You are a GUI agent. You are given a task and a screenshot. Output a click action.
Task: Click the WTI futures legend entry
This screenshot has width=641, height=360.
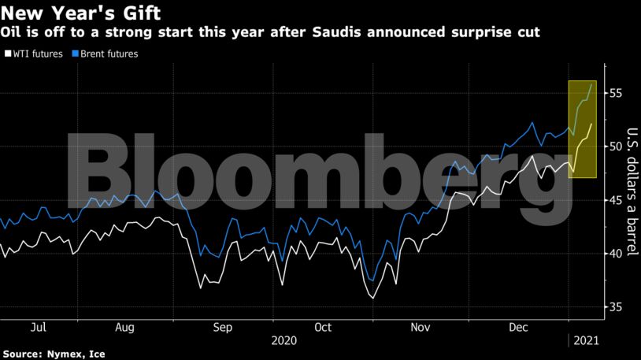pos(35,54)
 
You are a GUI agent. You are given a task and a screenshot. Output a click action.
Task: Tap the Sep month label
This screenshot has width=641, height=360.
pos(223,326)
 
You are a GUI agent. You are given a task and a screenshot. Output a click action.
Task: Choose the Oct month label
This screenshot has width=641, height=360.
pos(322,326)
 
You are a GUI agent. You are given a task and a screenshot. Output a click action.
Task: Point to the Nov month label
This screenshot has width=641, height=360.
pos(420,326)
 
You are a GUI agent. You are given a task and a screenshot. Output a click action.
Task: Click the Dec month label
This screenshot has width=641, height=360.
pos(518,326)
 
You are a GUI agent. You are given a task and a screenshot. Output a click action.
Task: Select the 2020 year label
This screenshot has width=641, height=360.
pos(284,340)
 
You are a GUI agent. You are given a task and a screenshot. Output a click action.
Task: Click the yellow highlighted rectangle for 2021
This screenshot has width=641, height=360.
pos(582,129)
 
